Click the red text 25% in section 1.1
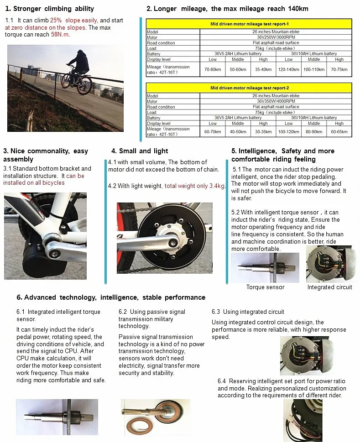[x=56, y=21]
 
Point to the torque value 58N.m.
[x=60, y=34]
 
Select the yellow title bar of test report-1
[x=249, y=24]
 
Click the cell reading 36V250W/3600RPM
[x=276, y=37]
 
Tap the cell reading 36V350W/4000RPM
[x=276, y=101]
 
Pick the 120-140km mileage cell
[x=288, y=69]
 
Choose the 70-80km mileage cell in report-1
[x=213, y=69]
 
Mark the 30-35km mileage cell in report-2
[x=263, y=132]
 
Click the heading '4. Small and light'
[x=140, y=151]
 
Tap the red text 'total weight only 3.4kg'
[x=195, y=186]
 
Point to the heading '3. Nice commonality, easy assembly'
[x=46, y=155]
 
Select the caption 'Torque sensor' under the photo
[x=265, y=287]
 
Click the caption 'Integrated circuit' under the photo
[x=329, y=287]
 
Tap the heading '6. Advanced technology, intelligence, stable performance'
[x=111, y=297]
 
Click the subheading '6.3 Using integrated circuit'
[x=248, y=312]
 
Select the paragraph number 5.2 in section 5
[x=236, y=212]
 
